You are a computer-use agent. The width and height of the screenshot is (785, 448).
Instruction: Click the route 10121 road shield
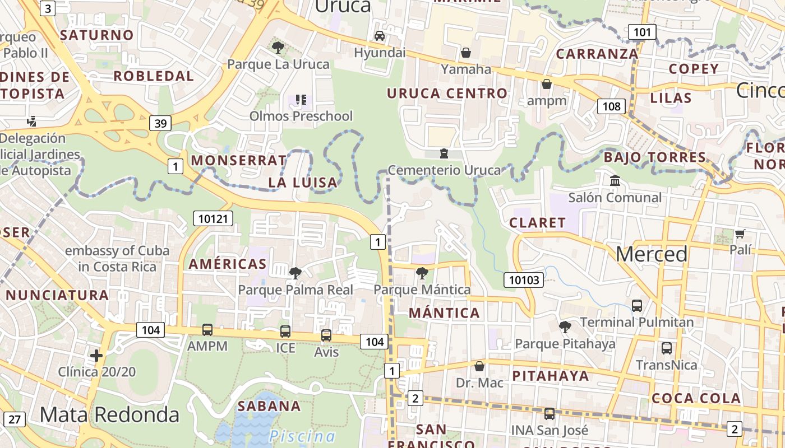point(213,218)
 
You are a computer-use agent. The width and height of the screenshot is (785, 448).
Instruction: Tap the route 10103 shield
point(524,280)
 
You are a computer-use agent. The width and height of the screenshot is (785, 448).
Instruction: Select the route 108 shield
point(611,106)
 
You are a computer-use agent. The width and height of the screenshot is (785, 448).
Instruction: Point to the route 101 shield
point(642,32)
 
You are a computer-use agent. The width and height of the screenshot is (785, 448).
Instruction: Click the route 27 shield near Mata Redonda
point(14,419)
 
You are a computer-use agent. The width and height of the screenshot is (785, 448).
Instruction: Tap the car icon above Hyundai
point(380,36)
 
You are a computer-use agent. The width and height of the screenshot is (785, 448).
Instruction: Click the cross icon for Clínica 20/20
point(96,355)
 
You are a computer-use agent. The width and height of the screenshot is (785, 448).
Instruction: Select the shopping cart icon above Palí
point(740,234)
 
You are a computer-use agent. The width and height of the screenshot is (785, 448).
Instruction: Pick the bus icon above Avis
point(326,335)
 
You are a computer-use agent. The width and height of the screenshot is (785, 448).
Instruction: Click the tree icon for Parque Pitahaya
point(565,326)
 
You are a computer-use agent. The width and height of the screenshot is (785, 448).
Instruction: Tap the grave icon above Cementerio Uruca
point(444,153)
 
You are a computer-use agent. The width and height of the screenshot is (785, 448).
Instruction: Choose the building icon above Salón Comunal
point(615,181)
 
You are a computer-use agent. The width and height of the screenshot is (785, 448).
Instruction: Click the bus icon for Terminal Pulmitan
point(637,305)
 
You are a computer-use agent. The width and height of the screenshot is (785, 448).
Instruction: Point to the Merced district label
point(652,254)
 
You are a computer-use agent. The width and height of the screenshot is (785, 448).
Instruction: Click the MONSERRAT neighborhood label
point(239,160)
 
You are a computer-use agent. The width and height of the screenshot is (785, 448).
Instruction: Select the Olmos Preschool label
point(301,116)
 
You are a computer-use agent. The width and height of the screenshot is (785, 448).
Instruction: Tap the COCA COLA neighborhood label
point(696,399)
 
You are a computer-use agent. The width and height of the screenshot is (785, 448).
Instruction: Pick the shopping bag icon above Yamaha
point(465,53)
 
